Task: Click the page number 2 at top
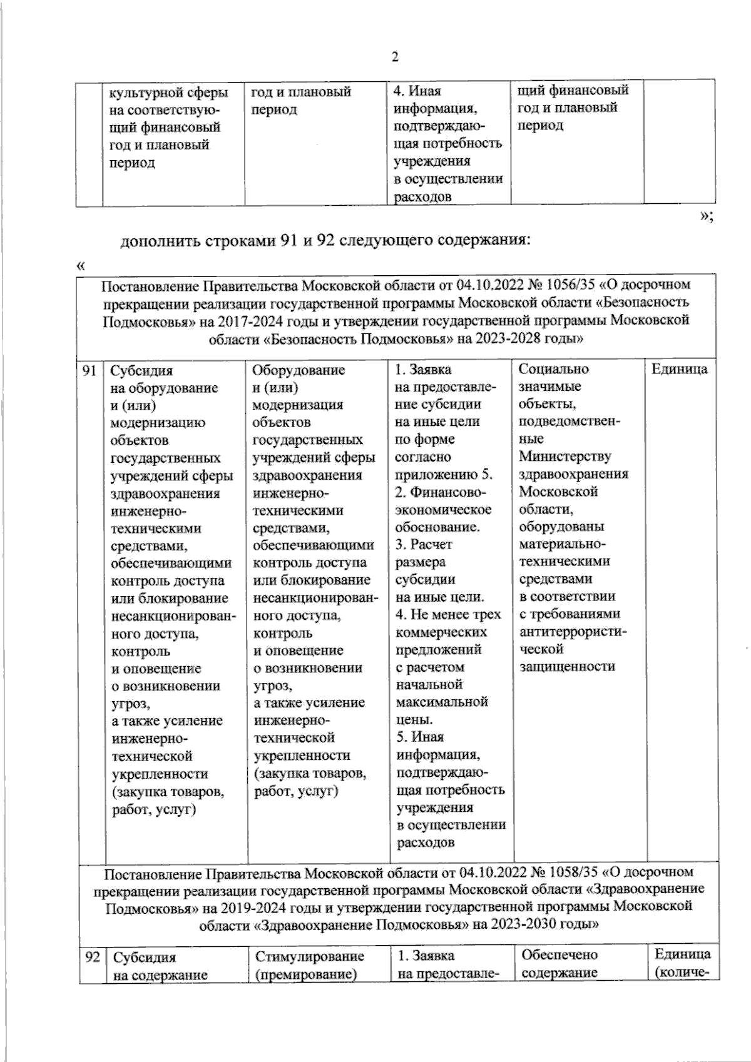point(394,58)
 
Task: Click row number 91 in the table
point(89,370)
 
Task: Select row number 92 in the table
point(92,957)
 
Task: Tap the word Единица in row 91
point(679,369)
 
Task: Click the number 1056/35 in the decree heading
point(570,285)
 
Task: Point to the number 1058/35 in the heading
point(572,871)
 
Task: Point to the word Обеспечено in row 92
point(559,955)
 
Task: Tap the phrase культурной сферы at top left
point(168,93)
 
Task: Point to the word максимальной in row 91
point(442,702)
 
